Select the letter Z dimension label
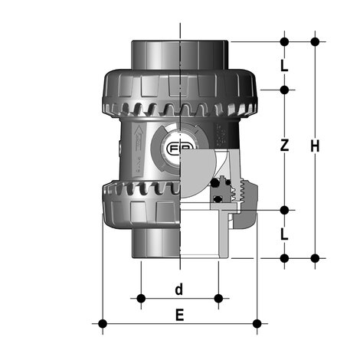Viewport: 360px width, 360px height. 284,146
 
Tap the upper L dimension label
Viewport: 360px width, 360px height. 284,66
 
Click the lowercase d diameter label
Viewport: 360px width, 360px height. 178,289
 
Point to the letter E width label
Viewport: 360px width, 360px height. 179,315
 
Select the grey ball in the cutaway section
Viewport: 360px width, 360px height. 205,164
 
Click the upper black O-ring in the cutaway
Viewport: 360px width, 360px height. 224,183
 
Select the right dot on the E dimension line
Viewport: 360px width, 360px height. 257,322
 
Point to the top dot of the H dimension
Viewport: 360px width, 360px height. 314,41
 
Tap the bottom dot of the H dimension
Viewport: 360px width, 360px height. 314,258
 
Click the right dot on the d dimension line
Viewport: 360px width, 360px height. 218,297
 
